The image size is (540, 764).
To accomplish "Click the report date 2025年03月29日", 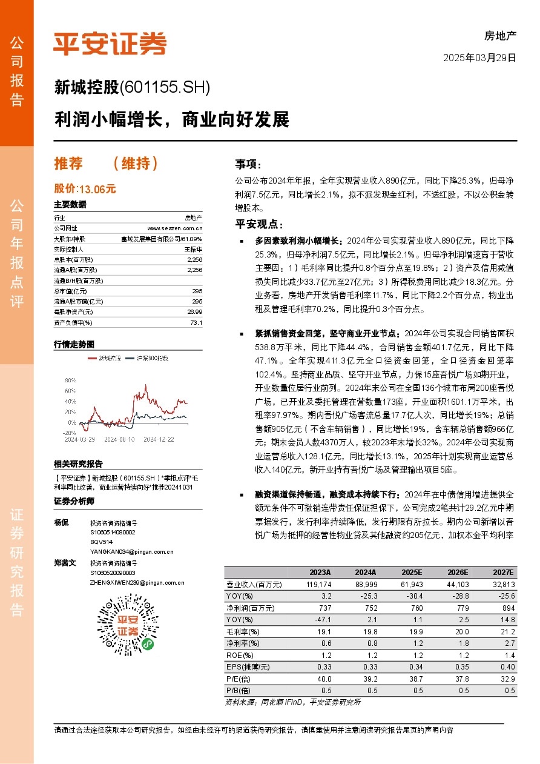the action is tap(479, 58).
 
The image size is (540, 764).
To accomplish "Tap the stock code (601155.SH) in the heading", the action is tap(165, 88).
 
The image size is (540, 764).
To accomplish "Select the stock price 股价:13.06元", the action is tap(85, 189).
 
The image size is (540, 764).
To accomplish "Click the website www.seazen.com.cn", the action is tap(174, 228).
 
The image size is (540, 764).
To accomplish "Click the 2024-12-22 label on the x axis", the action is tap(159, 439).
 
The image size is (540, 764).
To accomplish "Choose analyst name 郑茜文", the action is tap(65, 563).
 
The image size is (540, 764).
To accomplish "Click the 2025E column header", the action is tap(411, 573).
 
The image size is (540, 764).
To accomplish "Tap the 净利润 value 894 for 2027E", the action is tap(507, 608).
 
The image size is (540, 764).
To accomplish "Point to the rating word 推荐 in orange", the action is tap(68, 164).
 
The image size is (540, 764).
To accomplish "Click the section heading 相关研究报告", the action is tap(77, 464).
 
